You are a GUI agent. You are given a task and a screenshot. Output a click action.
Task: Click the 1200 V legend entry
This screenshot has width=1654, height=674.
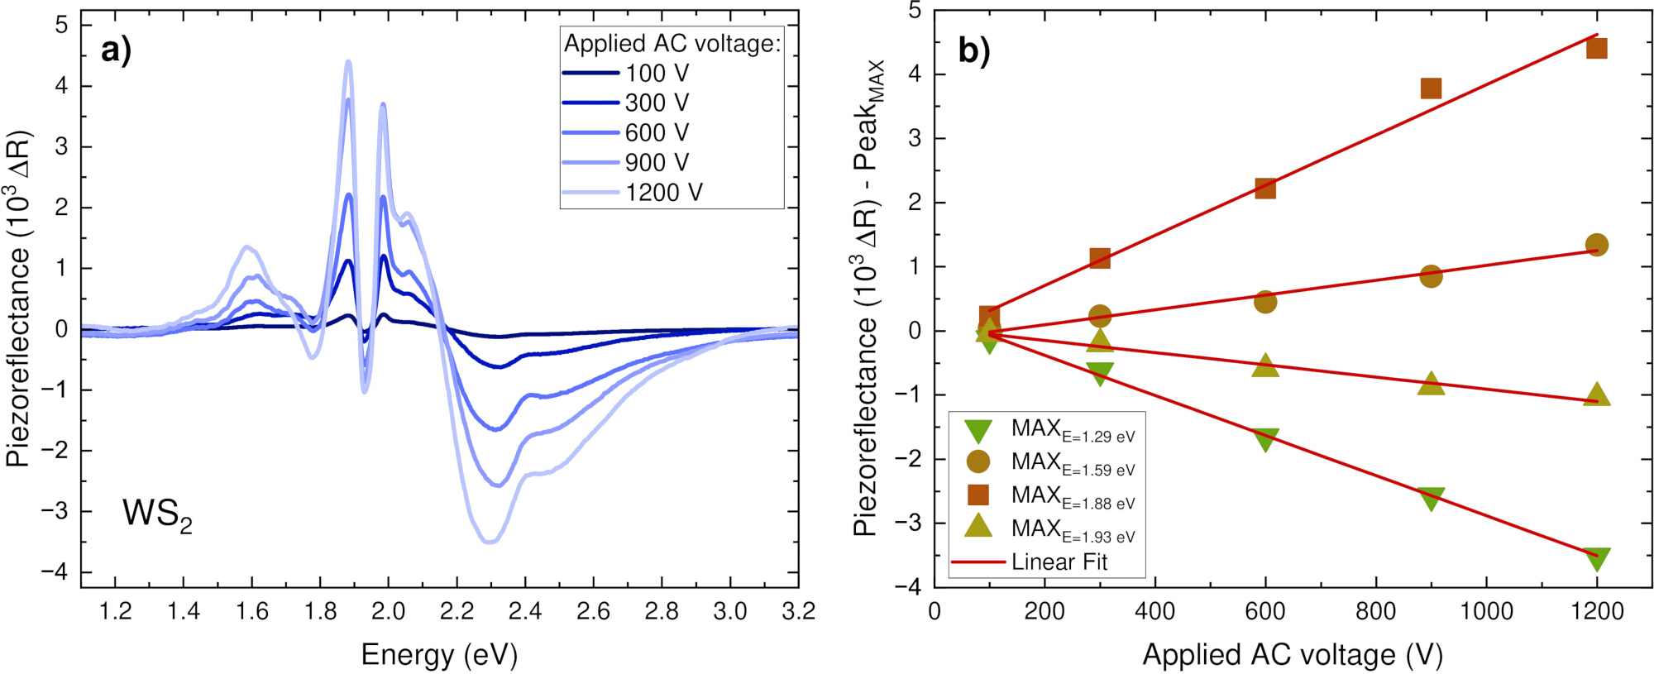pyautogui.click(x=632, y=193)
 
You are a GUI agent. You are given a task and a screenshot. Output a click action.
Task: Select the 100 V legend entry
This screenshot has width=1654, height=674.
pyautogui.click(x=625, y=74)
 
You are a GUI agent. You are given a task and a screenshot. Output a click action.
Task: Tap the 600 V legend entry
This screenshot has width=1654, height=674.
pyautogui.click(x=625, y=133)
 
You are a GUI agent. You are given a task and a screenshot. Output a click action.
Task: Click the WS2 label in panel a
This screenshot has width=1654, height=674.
pyautogui.click(x=157, y=515)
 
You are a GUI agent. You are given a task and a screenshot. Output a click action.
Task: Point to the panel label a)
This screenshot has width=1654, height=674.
pyautogui.click(x=117, y=50)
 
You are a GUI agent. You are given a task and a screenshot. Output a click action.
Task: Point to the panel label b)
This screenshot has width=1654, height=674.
pyautogui.click(x=974, y=50)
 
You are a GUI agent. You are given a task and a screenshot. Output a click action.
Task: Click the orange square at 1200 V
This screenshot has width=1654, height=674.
pyautogui.click(x=1597, y=48)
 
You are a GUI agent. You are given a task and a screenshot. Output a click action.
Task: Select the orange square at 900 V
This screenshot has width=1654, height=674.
pyautogui.click(x=1431, y=88)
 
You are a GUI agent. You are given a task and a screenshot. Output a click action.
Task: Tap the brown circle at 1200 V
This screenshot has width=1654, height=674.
pyautogui.click(x=1597, y=245)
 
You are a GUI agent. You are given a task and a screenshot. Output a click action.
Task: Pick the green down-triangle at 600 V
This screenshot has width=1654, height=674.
pyautogui.click(x=1265, y=439)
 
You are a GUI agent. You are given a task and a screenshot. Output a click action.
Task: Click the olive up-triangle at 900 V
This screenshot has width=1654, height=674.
pyautogui.click(x=1431, y=383)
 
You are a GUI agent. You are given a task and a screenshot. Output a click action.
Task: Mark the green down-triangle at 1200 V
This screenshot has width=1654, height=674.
pyautogui.click(x=1597, y=558)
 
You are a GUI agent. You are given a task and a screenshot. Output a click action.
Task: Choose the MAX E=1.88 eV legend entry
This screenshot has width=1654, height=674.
pyautogui.click(x=1050, y=496)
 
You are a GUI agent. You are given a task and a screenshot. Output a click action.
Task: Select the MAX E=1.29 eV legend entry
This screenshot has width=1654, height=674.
pyautogui.click(x=1050, y=430)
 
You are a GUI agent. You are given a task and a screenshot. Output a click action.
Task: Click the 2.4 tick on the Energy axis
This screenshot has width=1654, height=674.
pyautogui.click(x=525, y=612)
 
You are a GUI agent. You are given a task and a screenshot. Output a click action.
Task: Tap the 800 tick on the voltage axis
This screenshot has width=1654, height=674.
pyautogui.click(x=1375, y=612)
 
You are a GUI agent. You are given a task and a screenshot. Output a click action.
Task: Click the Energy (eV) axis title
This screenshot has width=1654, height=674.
pyautogui.click(x=439, y=655)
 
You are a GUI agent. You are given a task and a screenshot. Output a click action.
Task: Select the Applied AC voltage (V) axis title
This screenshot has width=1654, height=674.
pyautogui.click(x=1293, y=655)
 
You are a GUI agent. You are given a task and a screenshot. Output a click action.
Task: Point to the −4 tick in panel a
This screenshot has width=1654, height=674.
pyautogui.click(x=55, y=571)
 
